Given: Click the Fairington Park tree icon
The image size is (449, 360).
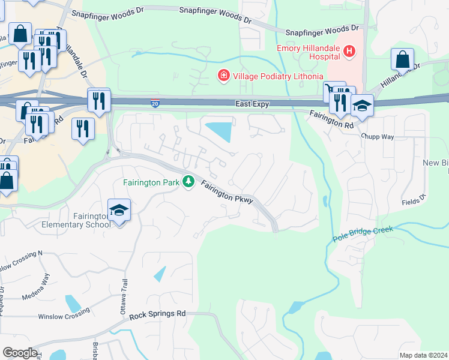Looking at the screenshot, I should tap(188, 181).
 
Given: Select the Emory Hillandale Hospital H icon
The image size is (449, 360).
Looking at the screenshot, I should tap(349, 52).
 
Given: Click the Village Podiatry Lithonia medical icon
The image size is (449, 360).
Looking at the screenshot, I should tap(223, 76).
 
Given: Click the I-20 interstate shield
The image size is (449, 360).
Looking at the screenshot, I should tap(155, 104).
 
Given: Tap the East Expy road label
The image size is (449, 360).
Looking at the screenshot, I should tap(252, 104).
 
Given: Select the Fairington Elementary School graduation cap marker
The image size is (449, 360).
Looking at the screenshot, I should tap(119, 210).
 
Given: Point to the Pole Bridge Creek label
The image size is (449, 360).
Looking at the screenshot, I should tap(363, 234).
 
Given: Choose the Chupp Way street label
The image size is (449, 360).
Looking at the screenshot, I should tap(377, 137).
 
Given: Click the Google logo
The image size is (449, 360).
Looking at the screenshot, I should tap(20, 353).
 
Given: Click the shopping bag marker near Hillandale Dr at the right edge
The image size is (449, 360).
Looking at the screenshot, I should tap(402, 60).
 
